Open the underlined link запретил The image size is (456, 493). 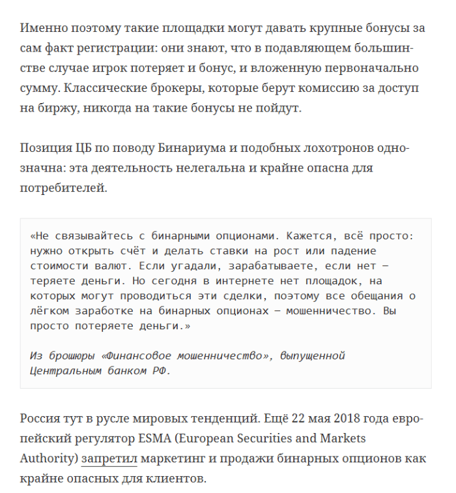pyautogui.click(x=109, y=458)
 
